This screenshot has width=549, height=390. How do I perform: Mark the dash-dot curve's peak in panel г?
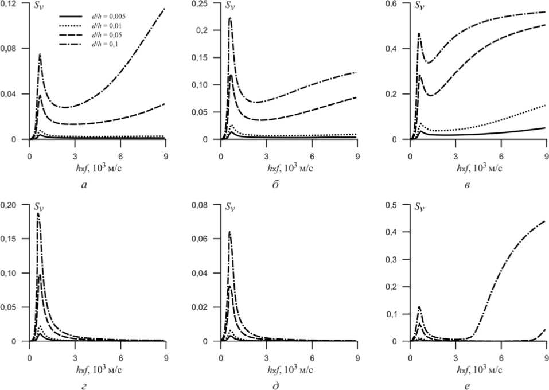coord(38,213)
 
